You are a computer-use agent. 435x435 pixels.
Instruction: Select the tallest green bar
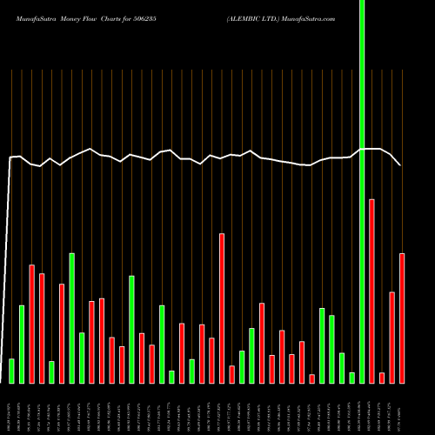tap(362, 191)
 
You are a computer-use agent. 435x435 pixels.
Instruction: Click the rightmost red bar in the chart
tap(402, 318)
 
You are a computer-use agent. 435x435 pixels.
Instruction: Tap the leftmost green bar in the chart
tap(11, 371)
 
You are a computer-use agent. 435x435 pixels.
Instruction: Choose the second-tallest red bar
tap(222, 308)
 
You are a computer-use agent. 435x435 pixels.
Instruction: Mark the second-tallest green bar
tap(71, 318)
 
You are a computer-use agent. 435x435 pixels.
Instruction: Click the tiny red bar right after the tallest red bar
tap(382, 378)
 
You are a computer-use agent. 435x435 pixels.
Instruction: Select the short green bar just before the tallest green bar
tap(352, 378)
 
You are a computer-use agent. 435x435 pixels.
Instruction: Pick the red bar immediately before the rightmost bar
tap(392, 338)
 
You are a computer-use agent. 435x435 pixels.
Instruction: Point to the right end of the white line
tap(401, 164)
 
